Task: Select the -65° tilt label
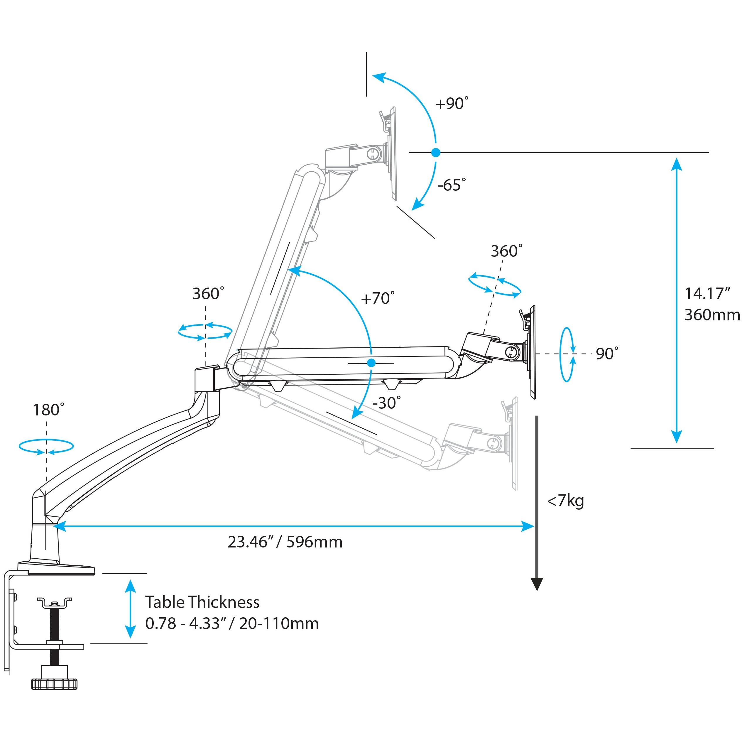click(x=452, y=185)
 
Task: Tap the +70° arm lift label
click(x=378, y=298)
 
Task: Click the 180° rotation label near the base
click(x=49, y=410)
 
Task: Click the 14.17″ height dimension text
click(x=707, y=294)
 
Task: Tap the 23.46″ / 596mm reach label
click(x=285, y=542)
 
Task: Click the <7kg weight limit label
click(x=565, y=501)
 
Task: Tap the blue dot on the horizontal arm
click(x=371, y=363)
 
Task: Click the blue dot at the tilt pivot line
click(x=435, y=153)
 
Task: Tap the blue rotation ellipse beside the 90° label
click(x=567, y=354)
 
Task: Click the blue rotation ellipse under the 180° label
click(x=46, y=447)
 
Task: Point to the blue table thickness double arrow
click(x=131, y=609)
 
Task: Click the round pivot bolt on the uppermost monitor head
click(x=373, y=154)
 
